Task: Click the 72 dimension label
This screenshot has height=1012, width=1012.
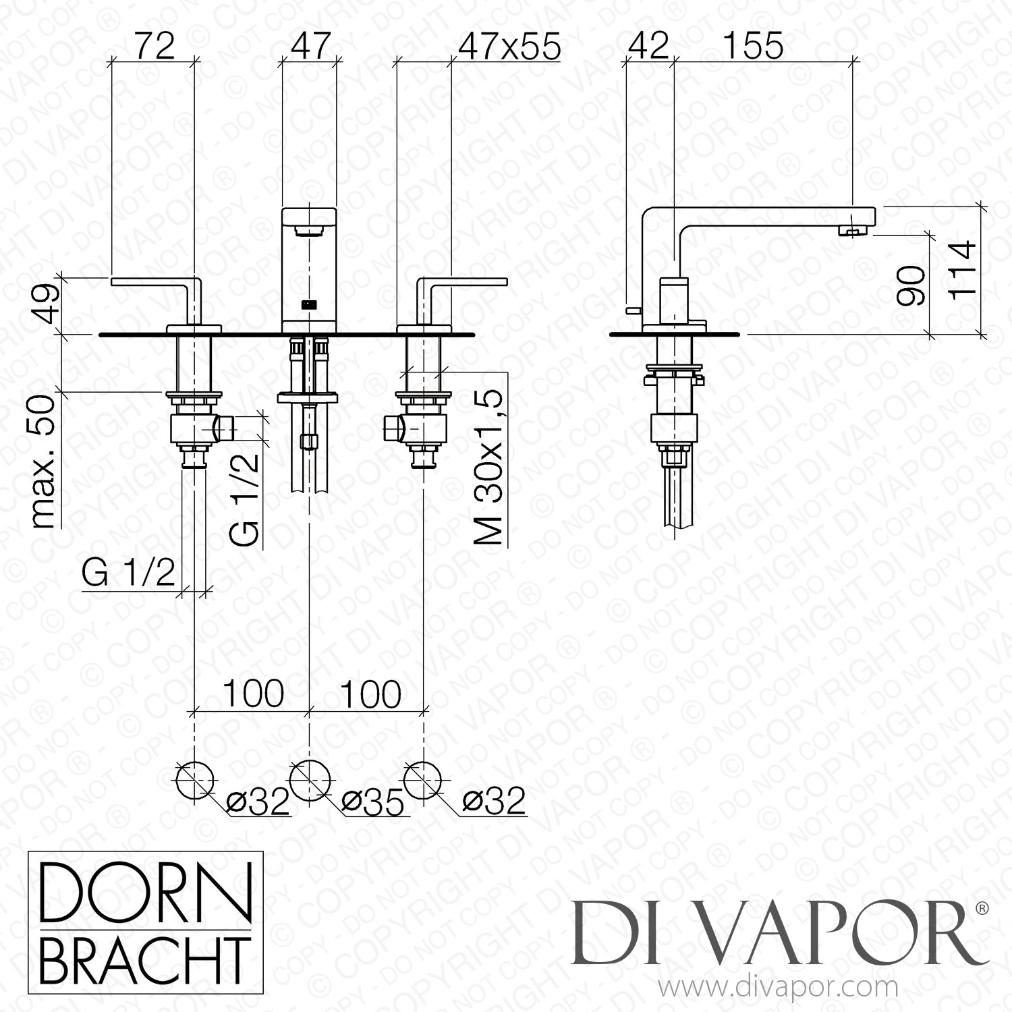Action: pos(154,46)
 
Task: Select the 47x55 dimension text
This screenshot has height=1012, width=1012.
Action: pos(518,46)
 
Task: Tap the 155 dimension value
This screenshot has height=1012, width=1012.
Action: pos(754,46)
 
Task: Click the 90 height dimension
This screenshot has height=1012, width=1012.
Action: pos(910,285)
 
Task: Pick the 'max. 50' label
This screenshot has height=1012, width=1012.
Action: pos(44,462)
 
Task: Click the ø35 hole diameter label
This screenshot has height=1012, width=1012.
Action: pos(372,802)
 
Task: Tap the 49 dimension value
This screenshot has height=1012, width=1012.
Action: pos(46,305)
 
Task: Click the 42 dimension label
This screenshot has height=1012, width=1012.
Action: pos(648,46)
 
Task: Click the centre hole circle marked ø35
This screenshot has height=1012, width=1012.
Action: pos(310,780)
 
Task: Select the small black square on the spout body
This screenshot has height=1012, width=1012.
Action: pos(309,304)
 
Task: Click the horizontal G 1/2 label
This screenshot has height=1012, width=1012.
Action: pos(128,574)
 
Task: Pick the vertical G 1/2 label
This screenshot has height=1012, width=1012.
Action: pos(244,499)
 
